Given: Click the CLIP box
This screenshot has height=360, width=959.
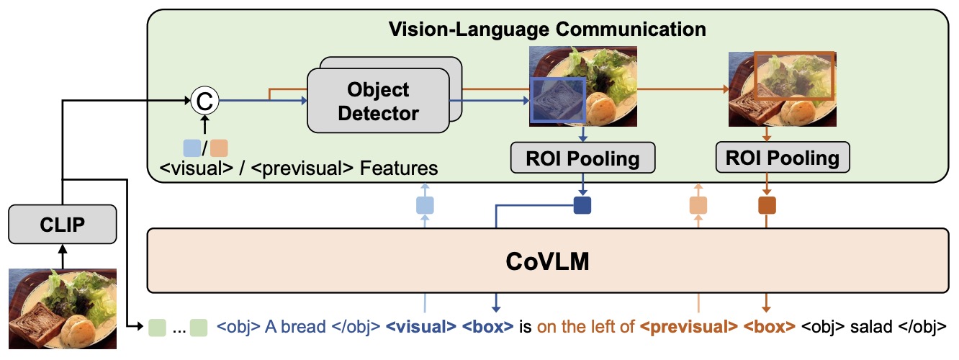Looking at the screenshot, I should tap(63, 225).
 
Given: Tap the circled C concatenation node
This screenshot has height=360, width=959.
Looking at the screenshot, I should tap(203, 102).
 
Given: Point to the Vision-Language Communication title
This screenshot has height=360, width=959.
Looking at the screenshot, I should tap(547, 30).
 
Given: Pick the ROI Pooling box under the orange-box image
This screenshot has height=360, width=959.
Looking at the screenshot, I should tap(782, 157).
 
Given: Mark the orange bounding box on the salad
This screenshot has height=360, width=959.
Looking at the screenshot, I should tap(793, 75).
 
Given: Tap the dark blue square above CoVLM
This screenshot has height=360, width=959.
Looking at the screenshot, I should tap(582, 205).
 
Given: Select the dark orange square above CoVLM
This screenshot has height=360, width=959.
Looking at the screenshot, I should tap(767, 205).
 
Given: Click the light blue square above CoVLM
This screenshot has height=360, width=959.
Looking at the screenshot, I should tap(426, 205).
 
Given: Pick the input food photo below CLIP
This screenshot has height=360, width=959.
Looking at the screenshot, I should tap(62, 308).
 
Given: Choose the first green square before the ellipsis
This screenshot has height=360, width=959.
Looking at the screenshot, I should tap(157, 328).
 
